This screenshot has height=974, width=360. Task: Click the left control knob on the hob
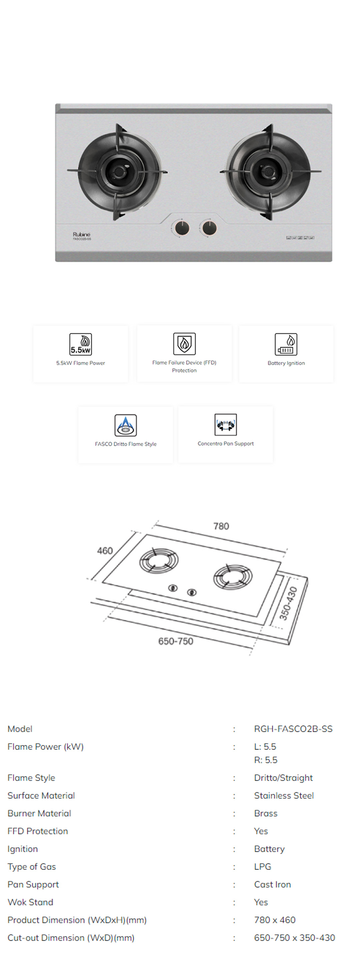pyautogui.click(x=182, y=228)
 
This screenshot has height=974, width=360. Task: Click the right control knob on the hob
pyautogui.click(x=209, y=228)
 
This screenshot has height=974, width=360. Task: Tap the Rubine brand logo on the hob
pyautogui.click(x=81, y=234)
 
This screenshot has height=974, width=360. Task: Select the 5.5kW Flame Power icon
pyautogui.click(x=81, y=344)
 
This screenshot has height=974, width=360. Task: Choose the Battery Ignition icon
pyautogui.click(x=286, y=344)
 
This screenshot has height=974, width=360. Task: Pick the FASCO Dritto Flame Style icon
pyautogui.click(x=126, y=425)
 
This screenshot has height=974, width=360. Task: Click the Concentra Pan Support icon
pyautogui.click(x=225, y=425)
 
